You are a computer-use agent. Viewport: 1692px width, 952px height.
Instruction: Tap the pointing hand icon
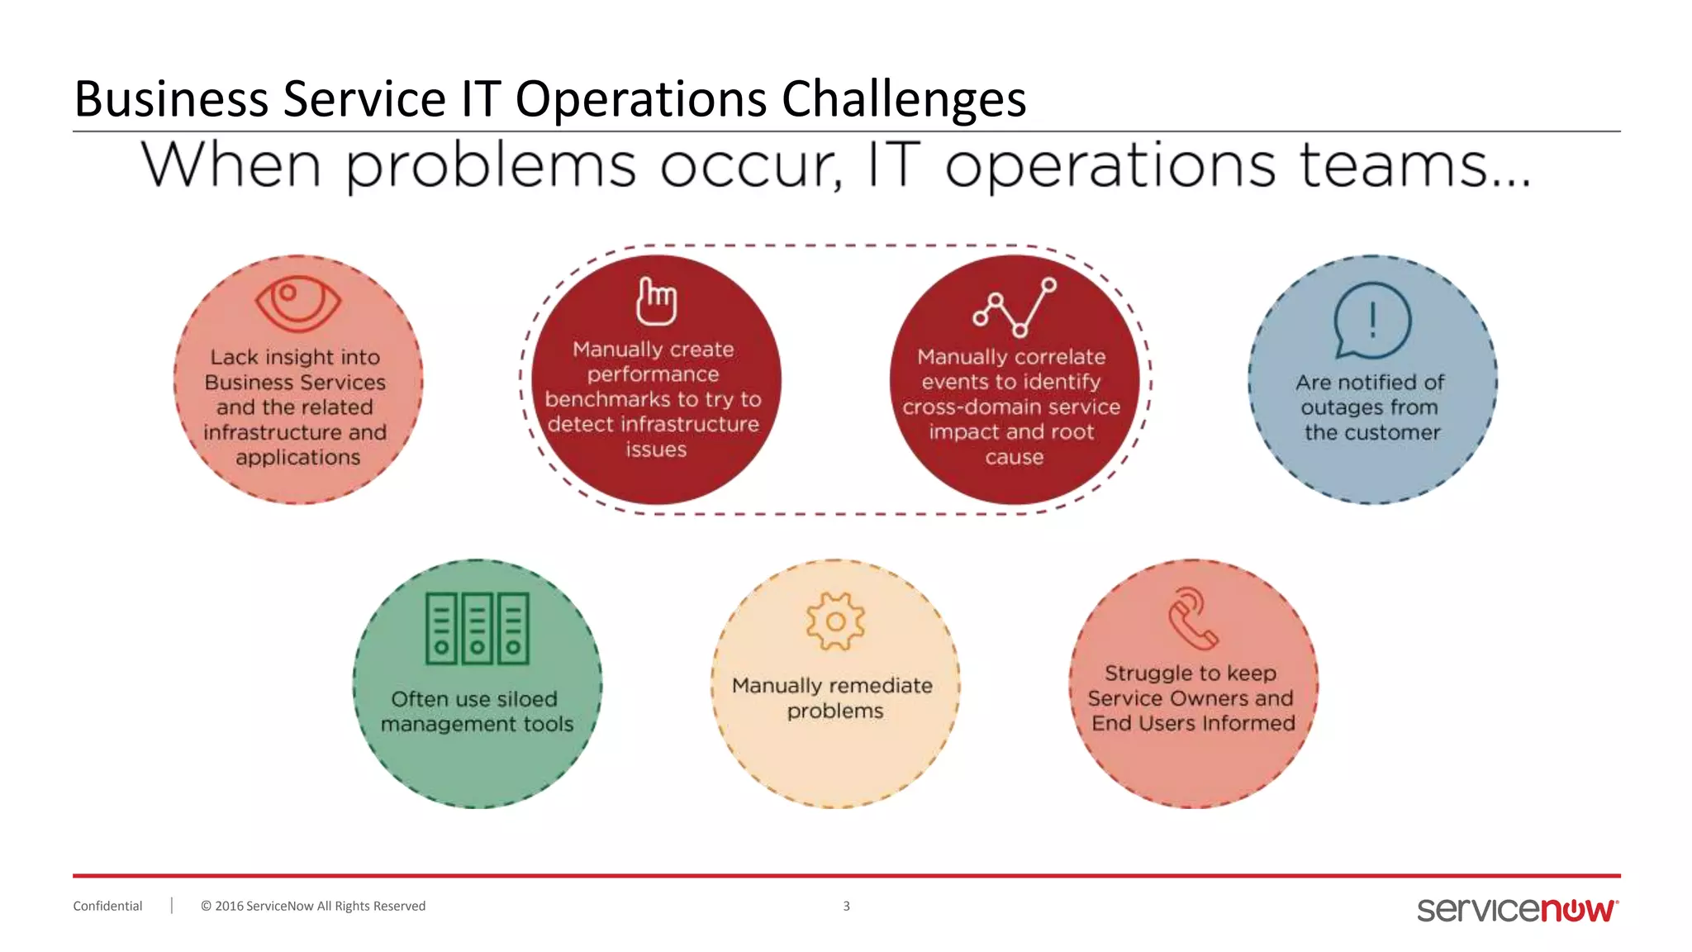656,302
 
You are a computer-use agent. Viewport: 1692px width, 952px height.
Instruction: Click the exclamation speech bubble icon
1372,321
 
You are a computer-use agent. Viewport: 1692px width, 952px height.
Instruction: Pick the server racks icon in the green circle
477,629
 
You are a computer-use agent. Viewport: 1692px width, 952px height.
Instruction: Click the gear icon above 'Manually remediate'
835,621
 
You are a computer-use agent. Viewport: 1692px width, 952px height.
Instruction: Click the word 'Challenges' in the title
903,98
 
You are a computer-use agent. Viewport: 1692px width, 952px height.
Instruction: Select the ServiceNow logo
1517,909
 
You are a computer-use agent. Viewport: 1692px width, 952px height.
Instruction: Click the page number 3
846,906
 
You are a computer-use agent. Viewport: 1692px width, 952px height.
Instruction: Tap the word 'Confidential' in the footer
107,906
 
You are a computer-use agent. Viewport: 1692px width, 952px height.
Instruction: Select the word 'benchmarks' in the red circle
607,399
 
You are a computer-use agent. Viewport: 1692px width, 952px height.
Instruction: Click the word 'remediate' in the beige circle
880,686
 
